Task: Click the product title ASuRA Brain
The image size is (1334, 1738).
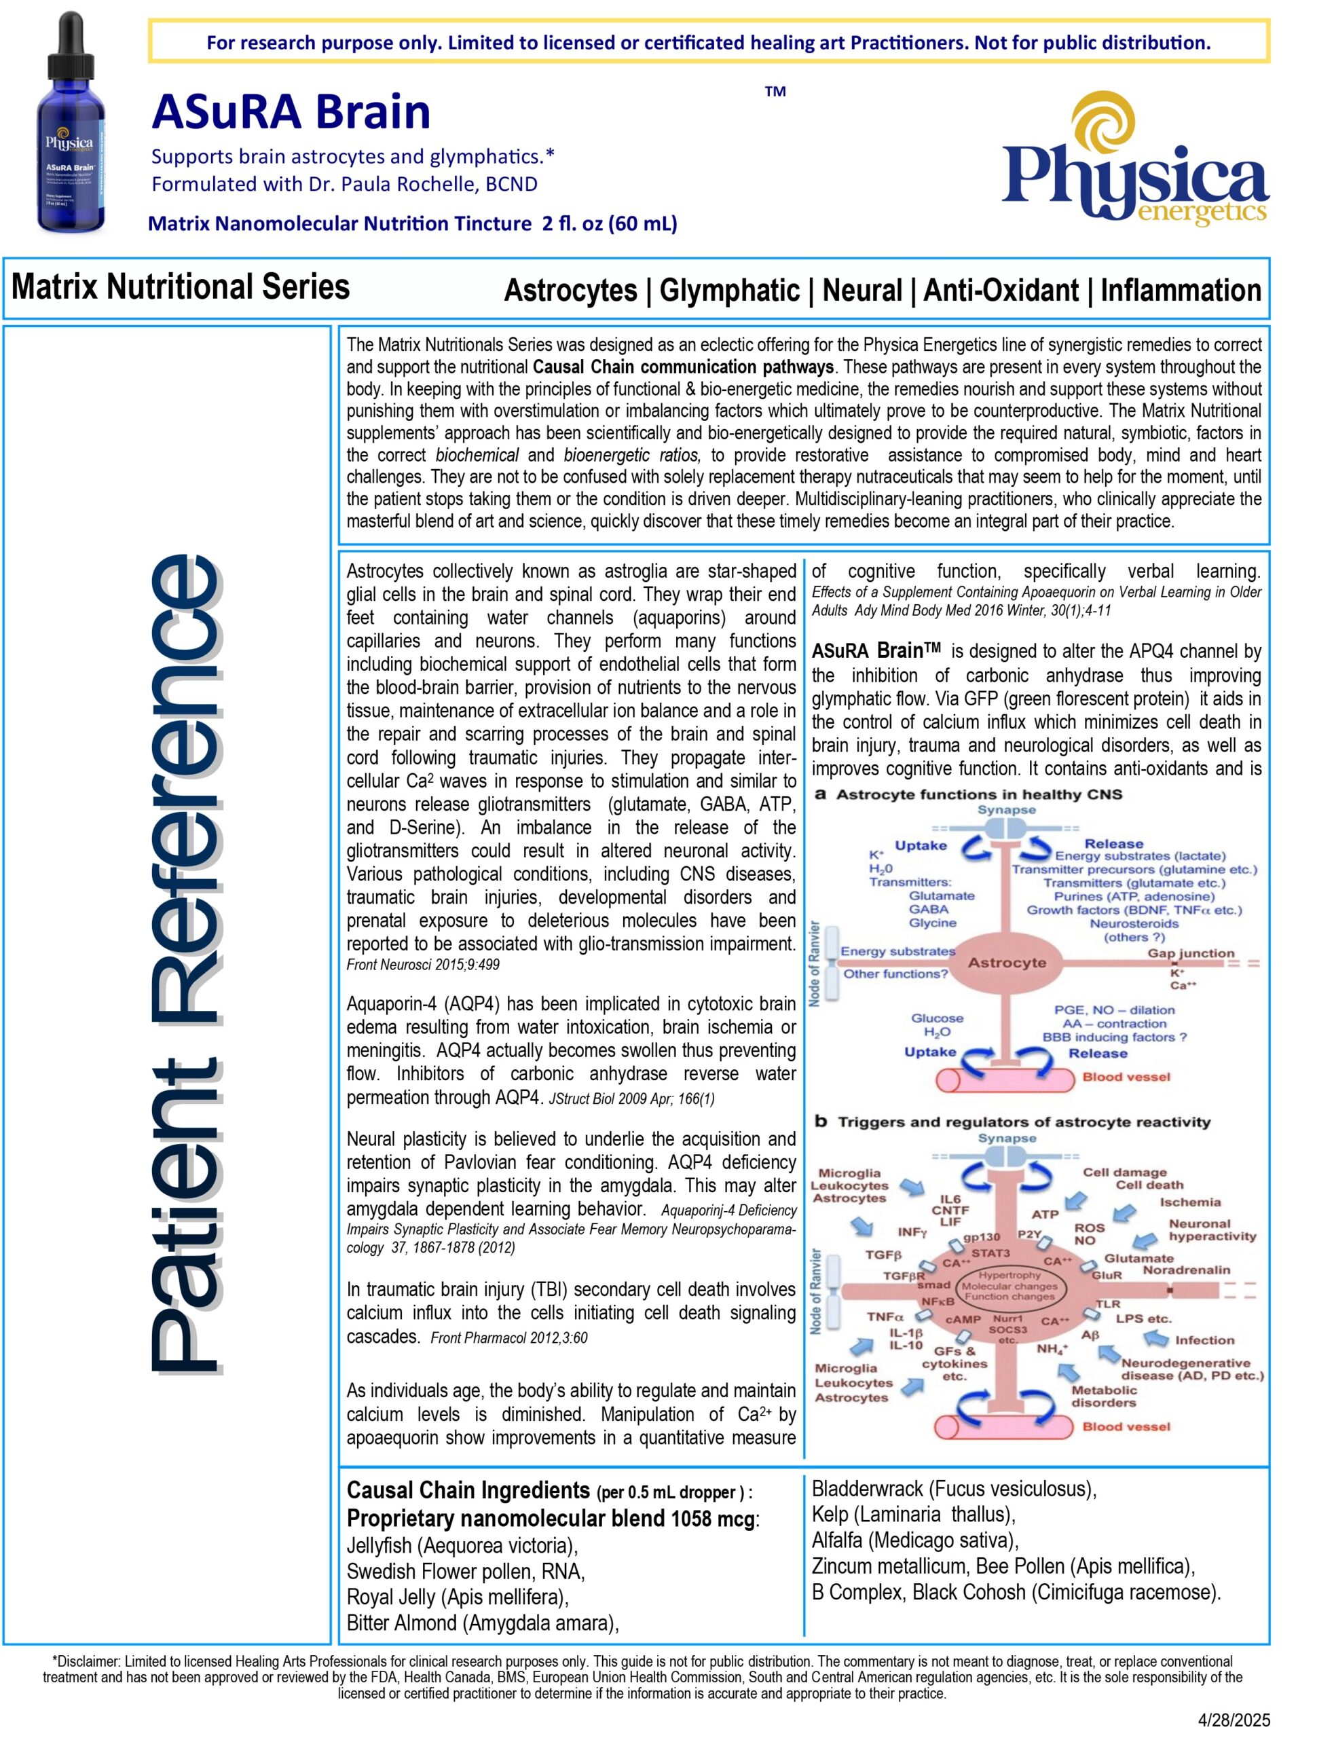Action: point(291,112)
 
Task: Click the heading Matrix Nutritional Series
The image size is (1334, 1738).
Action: point(181,286)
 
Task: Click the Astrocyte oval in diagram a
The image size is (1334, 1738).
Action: point(1006,963)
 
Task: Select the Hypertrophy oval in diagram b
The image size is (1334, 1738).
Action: point(1009,1284)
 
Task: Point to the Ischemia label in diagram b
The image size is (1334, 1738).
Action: point(1189,1202)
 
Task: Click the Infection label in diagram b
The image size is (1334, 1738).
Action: point(1204,1340)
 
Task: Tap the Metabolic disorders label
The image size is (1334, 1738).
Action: point(1104,1396)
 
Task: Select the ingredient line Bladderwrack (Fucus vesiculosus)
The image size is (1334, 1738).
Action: point(954,1489)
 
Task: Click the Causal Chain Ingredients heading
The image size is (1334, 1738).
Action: point(468,1490)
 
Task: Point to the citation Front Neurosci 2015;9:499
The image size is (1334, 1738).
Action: point(422,965)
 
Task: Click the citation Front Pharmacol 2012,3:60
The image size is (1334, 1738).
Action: point(508,1338)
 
